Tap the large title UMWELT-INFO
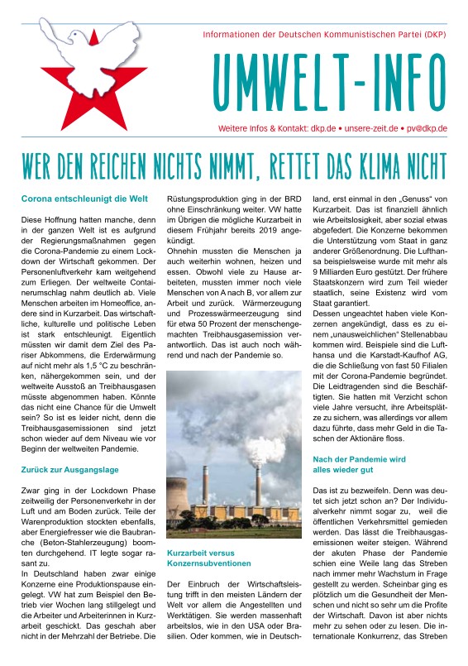point(330,83)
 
